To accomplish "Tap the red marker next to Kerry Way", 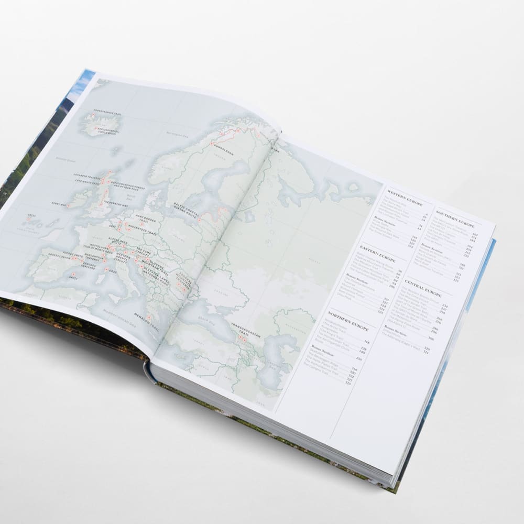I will [x=68, y=206].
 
